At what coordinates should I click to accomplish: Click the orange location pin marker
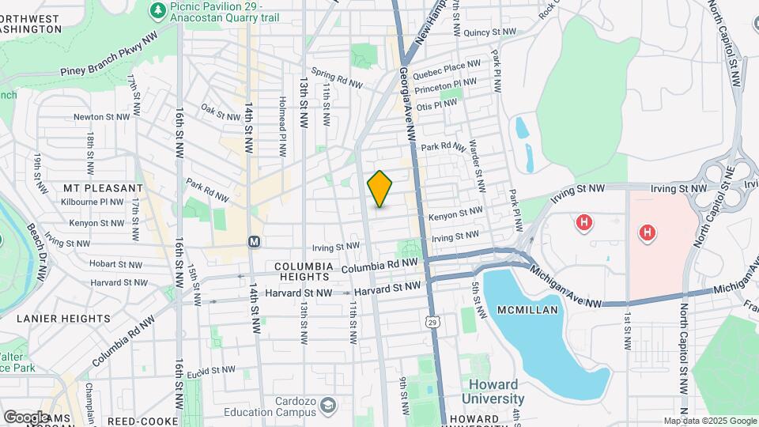coord(379,189)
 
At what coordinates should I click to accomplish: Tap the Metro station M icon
coord(254,240)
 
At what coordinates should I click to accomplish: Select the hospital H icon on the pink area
coord(647,232)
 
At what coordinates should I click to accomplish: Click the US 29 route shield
coord(431,321)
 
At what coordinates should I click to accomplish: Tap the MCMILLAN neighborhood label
coord(529,310)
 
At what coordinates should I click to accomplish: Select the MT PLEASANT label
coord(103,188)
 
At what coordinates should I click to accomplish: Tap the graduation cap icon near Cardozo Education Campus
coord(326,406)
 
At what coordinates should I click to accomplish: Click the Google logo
coord(25,416)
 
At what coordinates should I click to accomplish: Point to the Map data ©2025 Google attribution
coord(710,421)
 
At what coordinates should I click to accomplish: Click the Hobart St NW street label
coord(115,264)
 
